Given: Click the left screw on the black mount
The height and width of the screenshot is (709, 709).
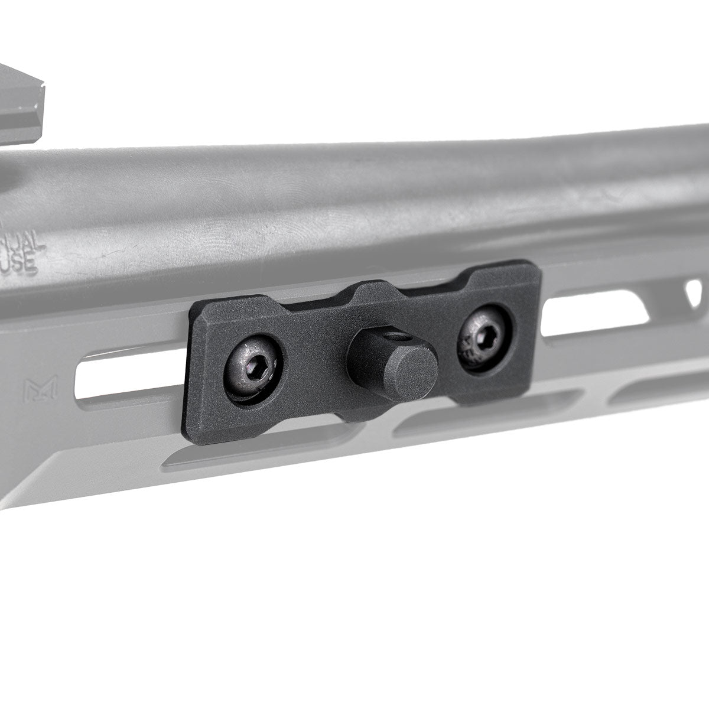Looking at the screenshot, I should point(253,362).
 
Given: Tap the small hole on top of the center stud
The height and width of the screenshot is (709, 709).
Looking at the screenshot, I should point(404,338).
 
